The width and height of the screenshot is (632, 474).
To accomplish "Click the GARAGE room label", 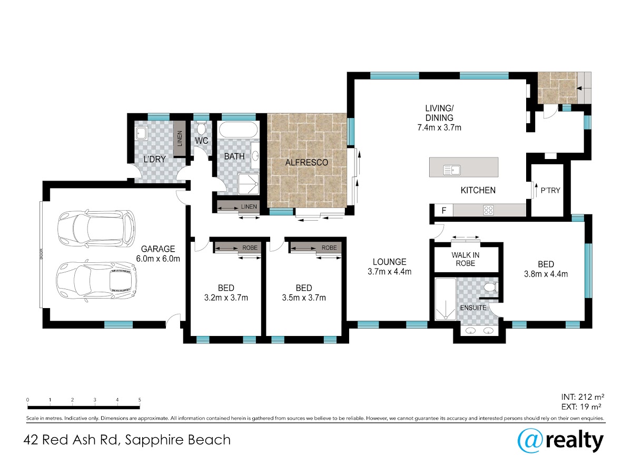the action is coord(158,249).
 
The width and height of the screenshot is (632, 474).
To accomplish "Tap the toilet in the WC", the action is coord(201,128).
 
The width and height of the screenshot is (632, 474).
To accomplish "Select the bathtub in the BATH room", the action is coord(238,130).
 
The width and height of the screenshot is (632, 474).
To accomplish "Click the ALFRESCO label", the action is coord(307,163).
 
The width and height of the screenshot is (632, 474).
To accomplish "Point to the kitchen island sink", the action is coord(452,170).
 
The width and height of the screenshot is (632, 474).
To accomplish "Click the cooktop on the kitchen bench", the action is coord(488,210).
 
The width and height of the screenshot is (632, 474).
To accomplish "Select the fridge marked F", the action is coord(443,210).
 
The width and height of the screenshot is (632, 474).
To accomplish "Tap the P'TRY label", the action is coord(550,190).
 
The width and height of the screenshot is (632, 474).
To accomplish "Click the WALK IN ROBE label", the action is coord(465,259).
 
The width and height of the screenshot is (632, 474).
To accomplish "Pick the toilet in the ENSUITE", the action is coord(491,287).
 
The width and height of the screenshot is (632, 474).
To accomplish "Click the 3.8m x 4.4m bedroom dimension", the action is coord(546,274).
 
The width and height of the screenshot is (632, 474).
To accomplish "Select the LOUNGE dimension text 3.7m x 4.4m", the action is coord(389,271).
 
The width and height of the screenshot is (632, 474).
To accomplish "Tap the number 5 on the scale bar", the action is coord(140,400).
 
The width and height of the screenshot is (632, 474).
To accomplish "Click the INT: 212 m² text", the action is coord(582,397).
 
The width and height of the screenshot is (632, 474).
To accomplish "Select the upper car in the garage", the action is coord(96,229).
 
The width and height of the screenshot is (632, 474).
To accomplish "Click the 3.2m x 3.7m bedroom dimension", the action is coord(226,298).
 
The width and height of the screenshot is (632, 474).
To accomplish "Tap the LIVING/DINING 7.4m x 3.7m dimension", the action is coord(439,127).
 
